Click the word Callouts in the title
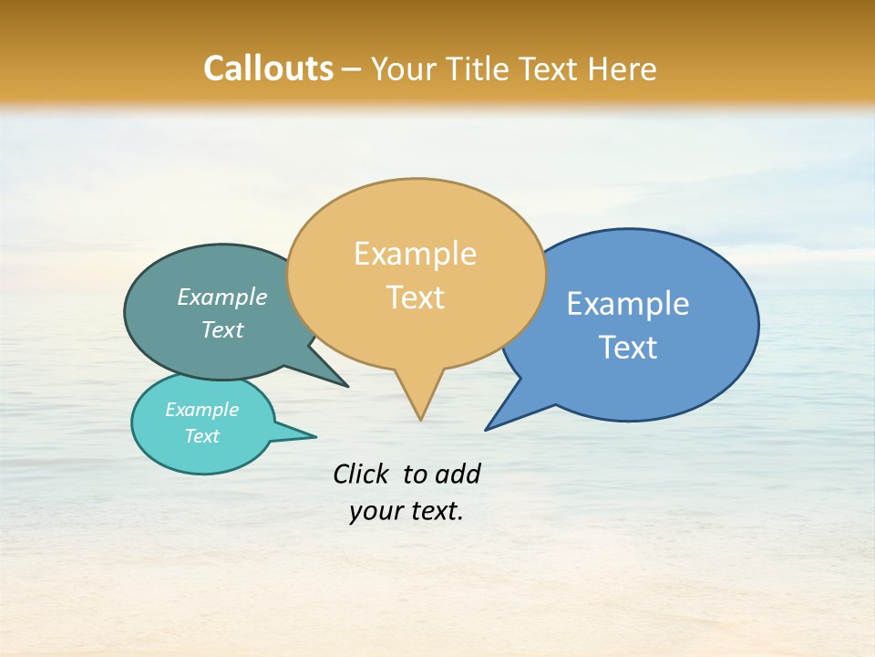coord(268,68)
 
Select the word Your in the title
coord(407,68)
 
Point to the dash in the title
coord(352,69)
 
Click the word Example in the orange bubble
coord(415,254)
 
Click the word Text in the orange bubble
coord(416,297)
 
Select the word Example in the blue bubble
coord(628,303)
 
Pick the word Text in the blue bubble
coord(628,347)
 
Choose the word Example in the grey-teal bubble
coord(222,297)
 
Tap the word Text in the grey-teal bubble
coord(222,329)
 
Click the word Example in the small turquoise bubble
coord(201,410)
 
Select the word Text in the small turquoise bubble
coord(201,436)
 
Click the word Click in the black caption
coord(360,474)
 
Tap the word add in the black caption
coord(458,474)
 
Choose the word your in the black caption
coord(375,511)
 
